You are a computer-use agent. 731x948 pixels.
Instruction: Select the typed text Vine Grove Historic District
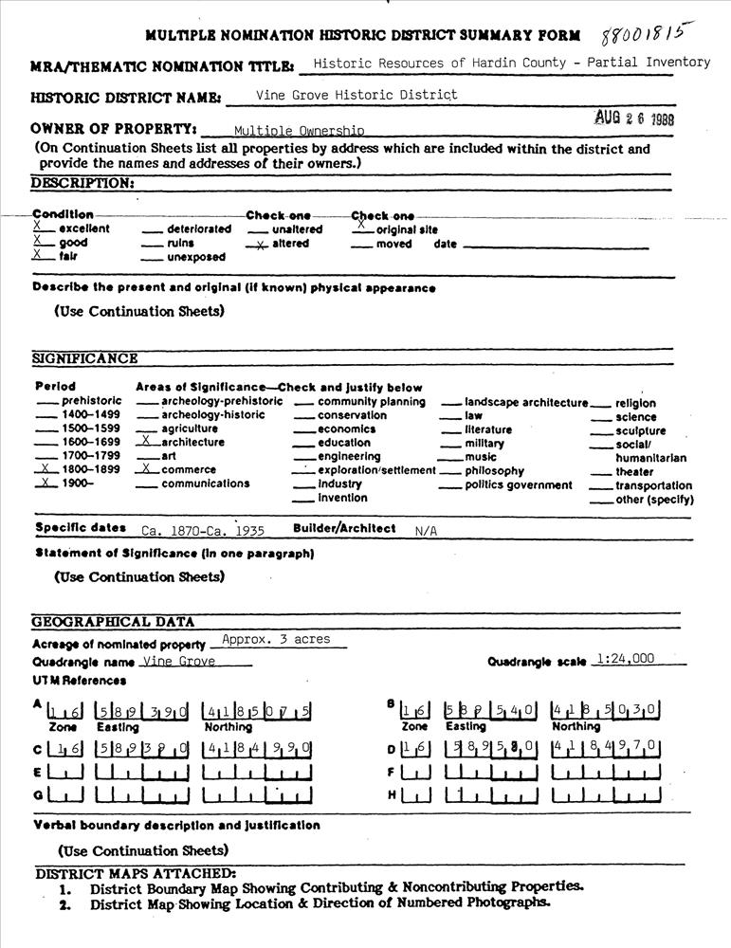pyautogui.click(x=356, y=95)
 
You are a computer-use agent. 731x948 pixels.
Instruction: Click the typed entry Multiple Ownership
pyautogui.click(x=299, y=131)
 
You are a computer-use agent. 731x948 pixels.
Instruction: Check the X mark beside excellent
pyautogui.click(x=37, y=228)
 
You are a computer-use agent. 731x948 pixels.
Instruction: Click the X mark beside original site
pyautogui.click(x=360, y=228)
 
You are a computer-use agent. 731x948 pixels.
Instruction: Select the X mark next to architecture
pyautogui.click(x=146, y=441)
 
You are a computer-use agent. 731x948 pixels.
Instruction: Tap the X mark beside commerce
pyautogui.click(x=146, y=468)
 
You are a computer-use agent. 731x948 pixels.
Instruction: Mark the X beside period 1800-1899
pyautogui.click(x=45, y=468)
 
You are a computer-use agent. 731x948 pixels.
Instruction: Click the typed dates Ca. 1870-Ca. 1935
pyautogui.click(x=203, y=531)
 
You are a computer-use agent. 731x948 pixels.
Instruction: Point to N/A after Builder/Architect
pyautogui.click(x=426, y=531)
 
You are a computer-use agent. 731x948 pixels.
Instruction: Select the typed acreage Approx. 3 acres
pyautogui.click(x=276, y=639)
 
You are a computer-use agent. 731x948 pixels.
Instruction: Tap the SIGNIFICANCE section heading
pyautogui.click(x=85, y=358)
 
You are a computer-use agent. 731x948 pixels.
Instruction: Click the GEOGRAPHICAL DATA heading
pyautogui.click(x=113, y=622)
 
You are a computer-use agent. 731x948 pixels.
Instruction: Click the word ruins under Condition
pyautogui.click(x=181, y=243)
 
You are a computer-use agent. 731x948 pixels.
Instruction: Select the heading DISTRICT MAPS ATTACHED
pyautogui.click(x=135, y=872)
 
